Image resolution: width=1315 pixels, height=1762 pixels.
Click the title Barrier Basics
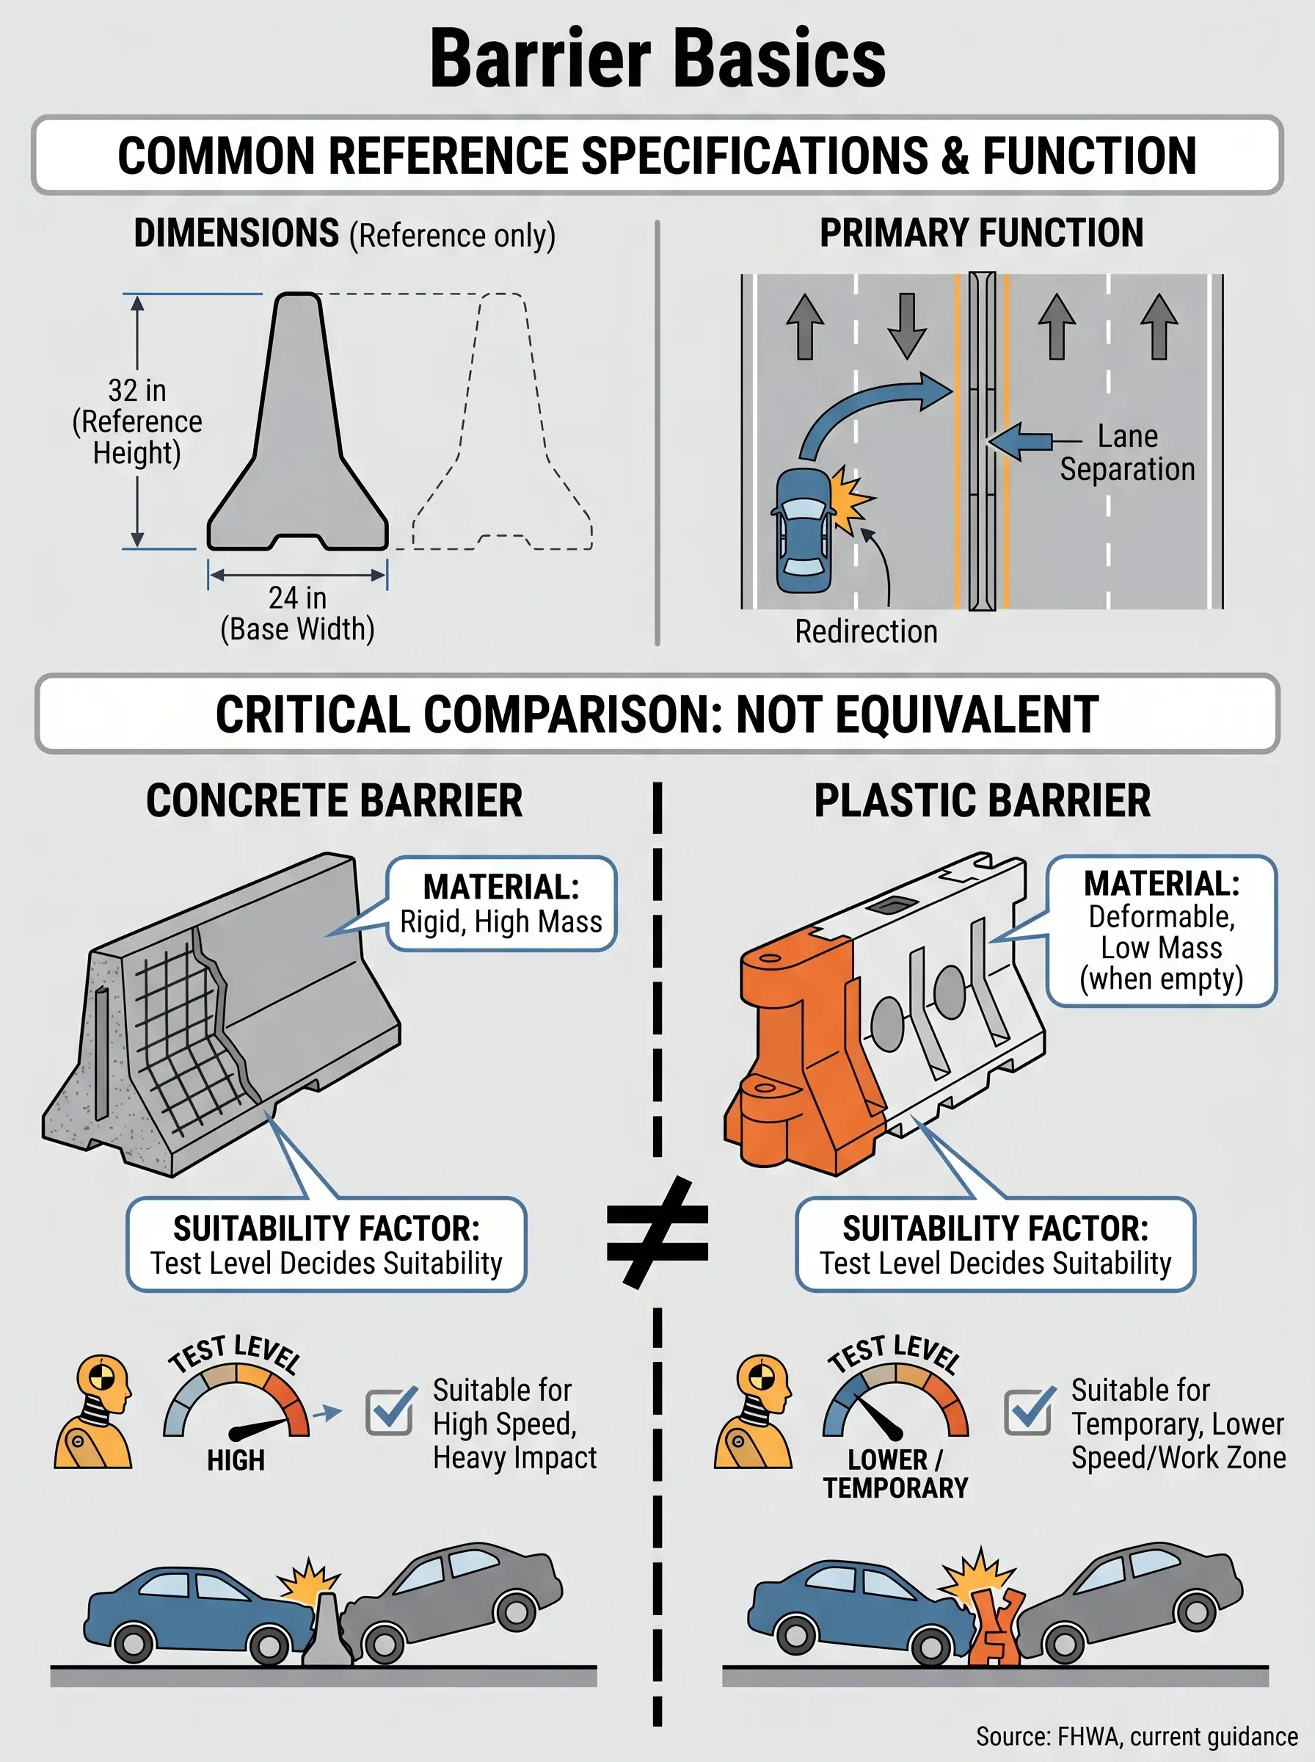(x=657, y=59)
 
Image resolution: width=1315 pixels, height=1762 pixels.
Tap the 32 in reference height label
(x=137, y=421)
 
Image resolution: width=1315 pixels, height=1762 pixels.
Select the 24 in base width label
(x=297, y=613)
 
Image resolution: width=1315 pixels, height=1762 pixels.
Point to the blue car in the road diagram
(x=804, y=530)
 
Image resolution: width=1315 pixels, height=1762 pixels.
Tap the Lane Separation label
(x=1127, y=452)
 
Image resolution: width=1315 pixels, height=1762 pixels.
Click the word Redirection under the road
(x=866, y=631)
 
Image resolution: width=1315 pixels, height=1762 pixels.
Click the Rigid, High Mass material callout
(x=501, y=904)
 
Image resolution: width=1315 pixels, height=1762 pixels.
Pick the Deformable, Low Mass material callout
(x=1162, y=931)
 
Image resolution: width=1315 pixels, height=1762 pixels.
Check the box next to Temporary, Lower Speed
(x=1028, y=1413)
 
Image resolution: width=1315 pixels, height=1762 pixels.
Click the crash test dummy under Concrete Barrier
(x=93, y=1413)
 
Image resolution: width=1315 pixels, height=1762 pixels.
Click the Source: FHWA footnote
(x=1137, y=1736)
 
